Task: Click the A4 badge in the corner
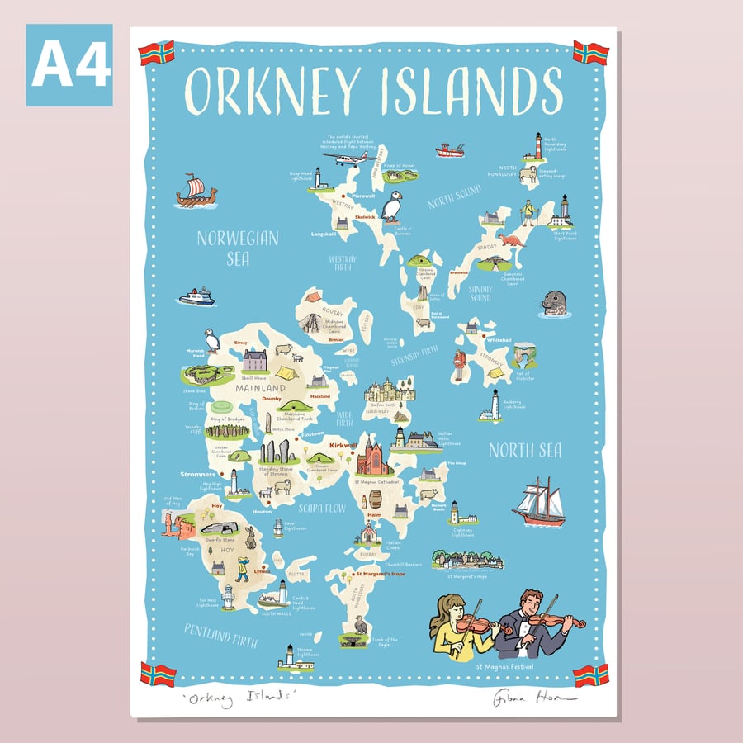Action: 69,65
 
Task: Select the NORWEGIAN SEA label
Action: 238,248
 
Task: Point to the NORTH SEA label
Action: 525,451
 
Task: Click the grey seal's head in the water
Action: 552,304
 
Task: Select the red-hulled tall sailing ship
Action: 538,503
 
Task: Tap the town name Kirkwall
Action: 343,445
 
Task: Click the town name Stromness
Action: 198,475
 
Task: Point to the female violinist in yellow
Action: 458,627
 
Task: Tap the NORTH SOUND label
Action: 453,197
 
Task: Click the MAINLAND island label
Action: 259,387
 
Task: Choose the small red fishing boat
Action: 450,150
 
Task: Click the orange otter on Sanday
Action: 512,241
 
